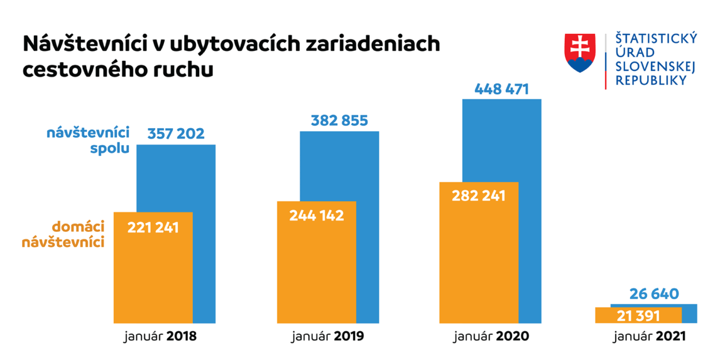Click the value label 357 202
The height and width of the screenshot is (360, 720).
[x=176, y=133]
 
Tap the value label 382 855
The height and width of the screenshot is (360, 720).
[x=339, y=120]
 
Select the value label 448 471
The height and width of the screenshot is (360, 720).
[x=501, y=89]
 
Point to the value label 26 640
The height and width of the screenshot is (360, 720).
[x=654, y=293]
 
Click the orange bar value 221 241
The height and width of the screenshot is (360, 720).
[x=153, y=227]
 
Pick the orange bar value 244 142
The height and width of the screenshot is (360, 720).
[x=317, y=215]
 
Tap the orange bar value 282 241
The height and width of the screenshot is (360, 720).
[x=479, y=195]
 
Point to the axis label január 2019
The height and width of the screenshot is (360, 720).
[x=327, y=336]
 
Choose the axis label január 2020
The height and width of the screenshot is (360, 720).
[x=491, y=336]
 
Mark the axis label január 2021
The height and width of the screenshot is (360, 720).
[x=650, y=336]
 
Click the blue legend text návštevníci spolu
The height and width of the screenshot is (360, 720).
[x=88, y=140]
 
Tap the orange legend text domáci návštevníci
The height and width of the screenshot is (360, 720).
[x=78, y=234]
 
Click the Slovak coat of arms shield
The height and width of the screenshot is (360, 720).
[x=580, y=52]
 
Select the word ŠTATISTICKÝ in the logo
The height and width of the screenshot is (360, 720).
[x=656, y=40]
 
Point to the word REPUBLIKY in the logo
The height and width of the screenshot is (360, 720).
[x=650, y=80]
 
